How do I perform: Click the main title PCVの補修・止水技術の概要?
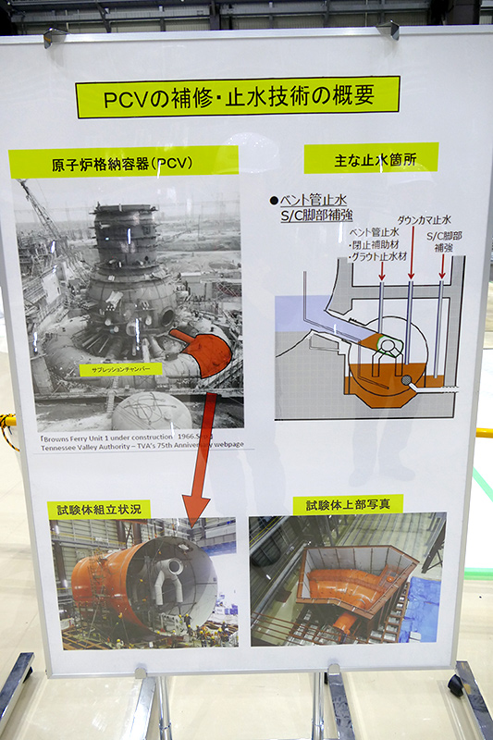238,97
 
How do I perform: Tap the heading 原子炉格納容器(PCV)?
122,164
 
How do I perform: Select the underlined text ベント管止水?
313,200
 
